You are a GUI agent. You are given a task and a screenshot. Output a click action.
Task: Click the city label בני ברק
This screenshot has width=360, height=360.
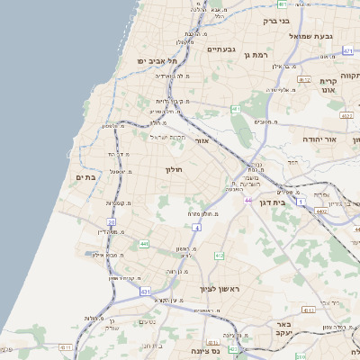[276, 21]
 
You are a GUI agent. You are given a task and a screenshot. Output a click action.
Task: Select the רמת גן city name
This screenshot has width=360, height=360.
[256, 56]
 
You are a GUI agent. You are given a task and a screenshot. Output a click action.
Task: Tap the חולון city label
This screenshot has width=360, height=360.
[174, 169]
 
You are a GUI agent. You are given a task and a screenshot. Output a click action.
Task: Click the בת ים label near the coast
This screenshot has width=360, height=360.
[85, 177]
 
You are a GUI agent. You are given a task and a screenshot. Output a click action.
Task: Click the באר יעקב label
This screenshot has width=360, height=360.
[285, 328]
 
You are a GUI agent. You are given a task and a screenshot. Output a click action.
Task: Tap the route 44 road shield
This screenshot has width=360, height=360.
[247, 201]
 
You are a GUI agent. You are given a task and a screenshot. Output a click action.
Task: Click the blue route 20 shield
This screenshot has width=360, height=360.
[112, 221]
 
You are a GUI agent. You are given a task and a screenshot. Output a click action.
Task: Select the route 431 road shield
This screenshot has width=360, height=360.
[145, 292]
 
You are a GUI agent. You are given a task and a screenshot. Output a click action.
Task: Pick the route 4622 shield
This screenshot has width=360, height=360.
[346, 116]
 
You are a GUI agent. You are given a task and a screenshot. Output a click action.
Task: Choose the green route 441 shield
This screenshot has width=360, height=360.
[144, 244]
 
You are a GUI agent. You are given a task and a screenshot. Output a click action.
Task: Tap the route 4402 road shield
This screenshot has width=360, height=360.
[321, 211]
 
